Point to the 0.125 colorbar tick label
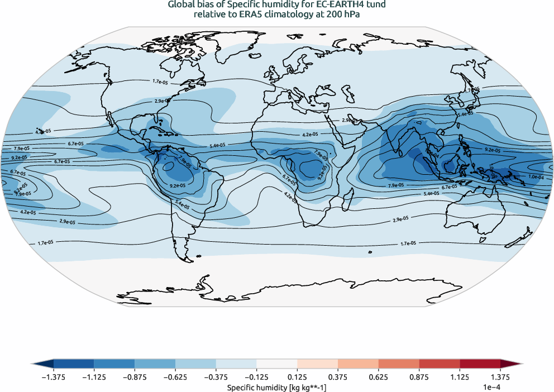tap(297, 376)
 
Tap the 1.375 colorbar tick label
tap(500, 376)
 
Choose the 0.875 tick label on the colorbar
tap(419, 376)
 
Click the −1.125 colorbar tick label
tap(94, 376)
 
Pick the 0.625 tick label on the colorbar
tap(378, 376)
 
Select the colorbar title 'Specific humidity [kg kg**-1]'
tap(276, 386)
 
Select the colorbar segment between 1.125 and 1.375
tap(480, 363)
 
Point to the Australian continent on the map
tap(475, 209)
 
